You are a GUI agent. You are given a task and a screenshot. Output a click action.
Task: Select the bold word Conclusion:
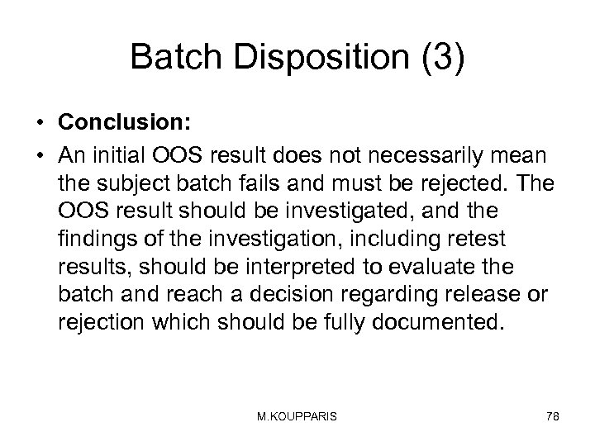pos(124,121)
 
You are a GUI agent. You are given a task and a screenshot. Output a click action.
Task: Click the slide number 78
pos(552,417)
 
